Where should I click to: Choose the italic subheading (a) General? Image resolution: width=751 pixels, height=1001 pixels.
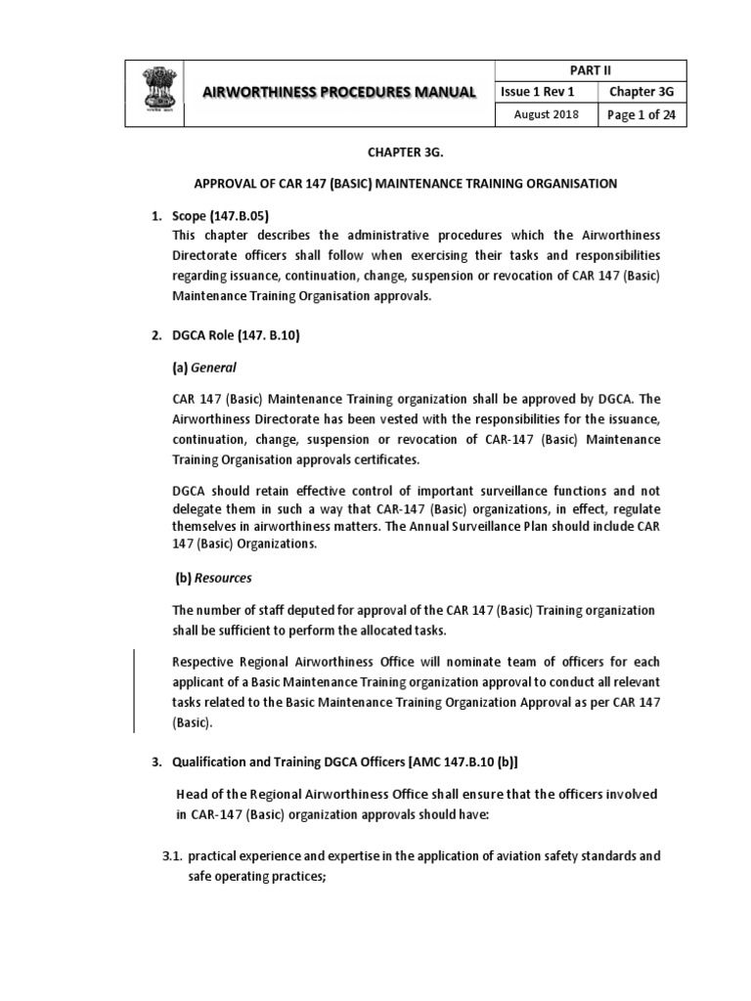205,369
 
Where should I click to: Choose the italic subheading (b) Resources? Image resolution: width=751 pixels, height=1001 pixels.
212,578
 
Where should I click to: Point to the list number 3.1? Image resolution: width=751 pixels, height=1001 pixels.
172,856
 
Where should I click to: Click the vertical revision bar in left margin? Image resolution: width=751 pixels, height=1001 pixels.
134,689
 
